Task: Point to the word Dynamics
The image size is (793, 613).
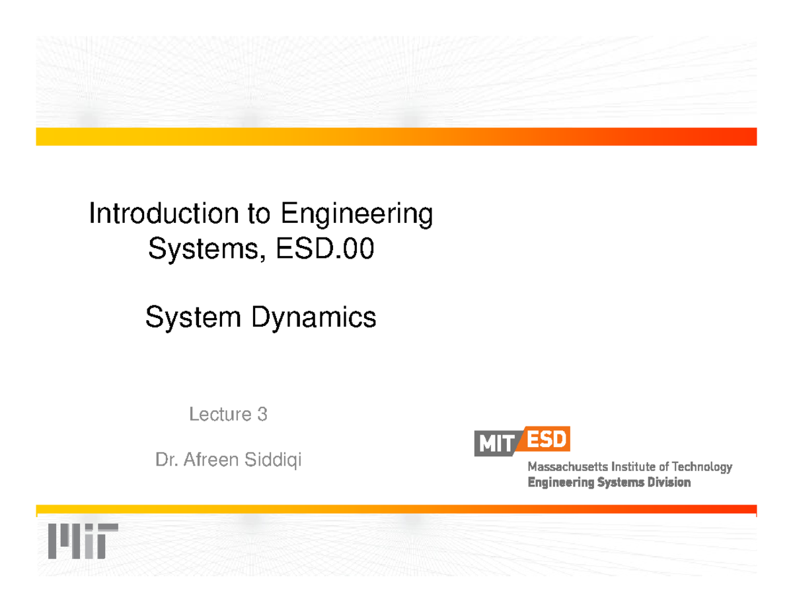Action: (313, 319)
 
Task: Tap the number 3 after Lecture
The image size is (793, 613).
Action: (262, 415)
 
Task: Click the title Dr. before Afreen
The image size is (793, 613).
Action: (165, 459)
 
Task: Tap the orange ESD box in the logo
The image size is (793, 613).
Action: (547, 439)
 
